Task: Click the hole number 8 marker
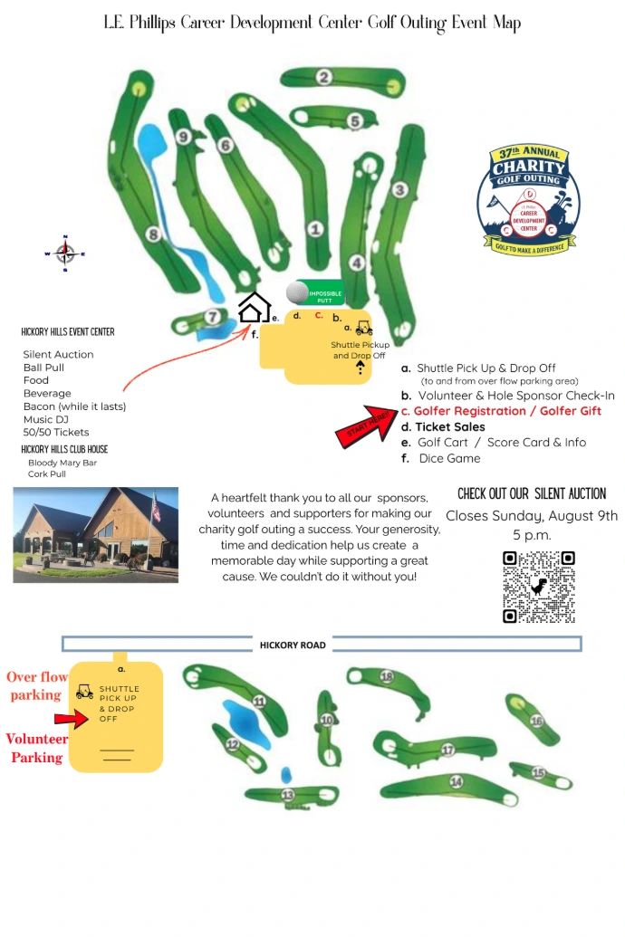click(x=153, y=235)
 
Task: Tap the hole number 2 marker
click(x=323, y=78)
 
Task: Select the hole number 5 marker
click(x=355, y=120)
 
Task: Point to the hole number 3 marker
click(x=399, y=190)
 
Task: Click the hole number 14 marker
click(x=457, y=781)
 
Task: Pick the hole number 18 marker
click(x=387, y=676)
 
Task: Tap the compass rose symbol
click(x=65, y=253)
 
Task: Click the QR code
click(x=539, y=587)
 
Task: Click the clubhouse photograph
click(x=95, y=534)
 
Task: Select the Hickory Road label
click(x=293, y=645)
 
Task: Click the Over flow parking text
click(x=37, y=685)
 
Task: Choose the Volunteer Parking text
click(x=36, y=748)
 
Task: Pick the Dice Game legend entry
click(x=449, y=458)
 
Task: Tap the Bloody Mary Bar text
click(x=62, y=463)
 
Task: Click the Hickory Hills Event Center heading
click(x=68, y=332)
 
